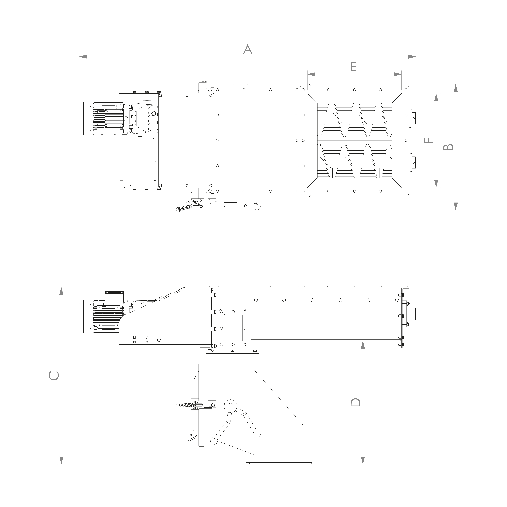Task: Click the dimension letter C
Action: (54, 376)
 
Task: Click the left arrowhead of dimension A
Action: (83, 56)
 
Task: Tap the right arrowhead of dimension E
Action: (398, 74)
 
